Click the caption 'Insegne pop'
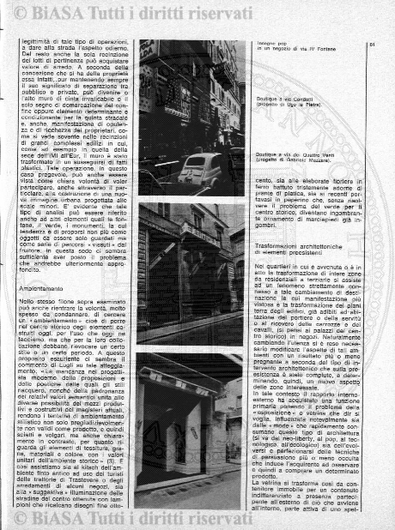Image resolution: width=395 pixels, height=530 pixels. [258, 40]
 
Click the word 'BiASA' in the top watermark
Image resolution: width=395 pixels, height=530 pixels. [73, 11]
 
